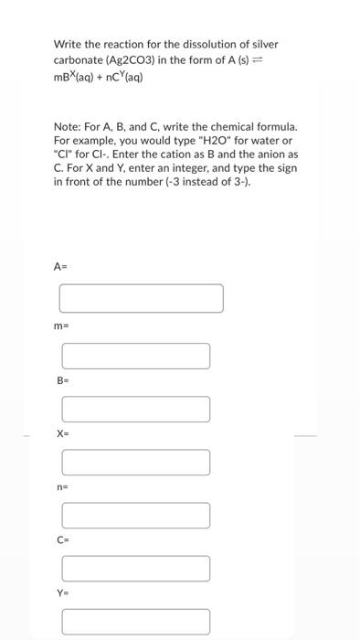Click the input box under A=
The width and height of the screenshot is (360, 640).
[x=142, y=298]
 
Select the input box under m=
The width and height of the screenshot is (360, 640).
[x=135, y=356]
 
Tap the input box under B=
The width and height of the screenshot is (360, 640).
[x=135, y=409]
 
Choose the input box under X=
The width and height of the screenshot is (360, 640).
[x=135, y=462]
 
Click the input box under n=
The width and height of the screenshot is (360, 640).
[x=135, y=515]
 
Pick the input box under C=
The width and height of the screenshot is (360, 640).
[x=135, y=568]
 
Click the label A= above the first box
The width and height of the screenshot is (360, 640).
[x=60, y=267]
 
